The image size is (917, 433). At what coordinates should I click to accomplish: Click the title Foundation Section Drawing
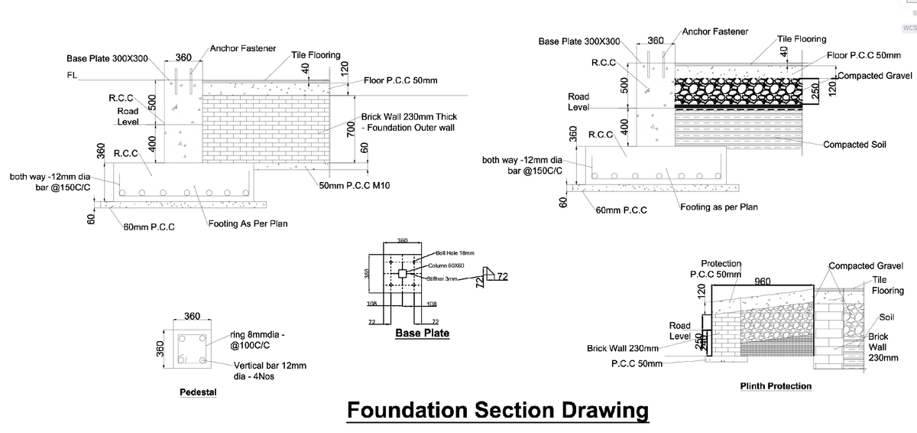(x=497, y=411)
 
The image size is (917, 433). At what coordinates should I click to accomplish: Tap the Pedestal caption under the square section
(x=198, y=392)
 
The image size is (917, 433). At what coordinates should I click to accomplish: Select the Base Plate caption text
(x=422, y=334)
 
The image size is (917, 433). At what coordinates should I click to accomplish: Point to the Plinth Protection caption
(x=776, y=386)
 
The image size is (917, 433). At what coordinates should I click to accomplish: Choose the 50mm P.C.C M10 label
(x=355, y=186)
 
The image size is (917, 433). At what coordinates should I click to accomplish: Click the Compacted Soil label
(x=854, y=145)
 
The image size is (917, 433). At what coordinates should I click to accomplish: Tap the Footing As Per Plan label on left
(x=248, y=224)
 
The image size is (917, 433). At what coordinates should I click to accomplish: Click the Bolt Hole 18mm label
(x=455, y=252)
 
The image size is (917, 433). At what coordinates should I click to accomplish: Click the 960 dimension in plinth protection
(x=762, y=282)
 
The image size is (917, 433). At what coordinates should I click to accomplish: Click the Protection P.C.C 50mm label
(x=715, y=269)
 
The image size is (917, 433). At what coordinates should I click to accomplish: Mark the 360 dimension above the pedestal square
(x=192, y=317)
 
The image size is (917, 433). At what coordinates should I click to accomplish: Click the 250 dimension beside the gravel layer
(x=815, y=90)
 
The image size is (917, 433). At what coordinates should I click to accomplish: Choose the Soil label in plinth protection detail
(x=886, y=317)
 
